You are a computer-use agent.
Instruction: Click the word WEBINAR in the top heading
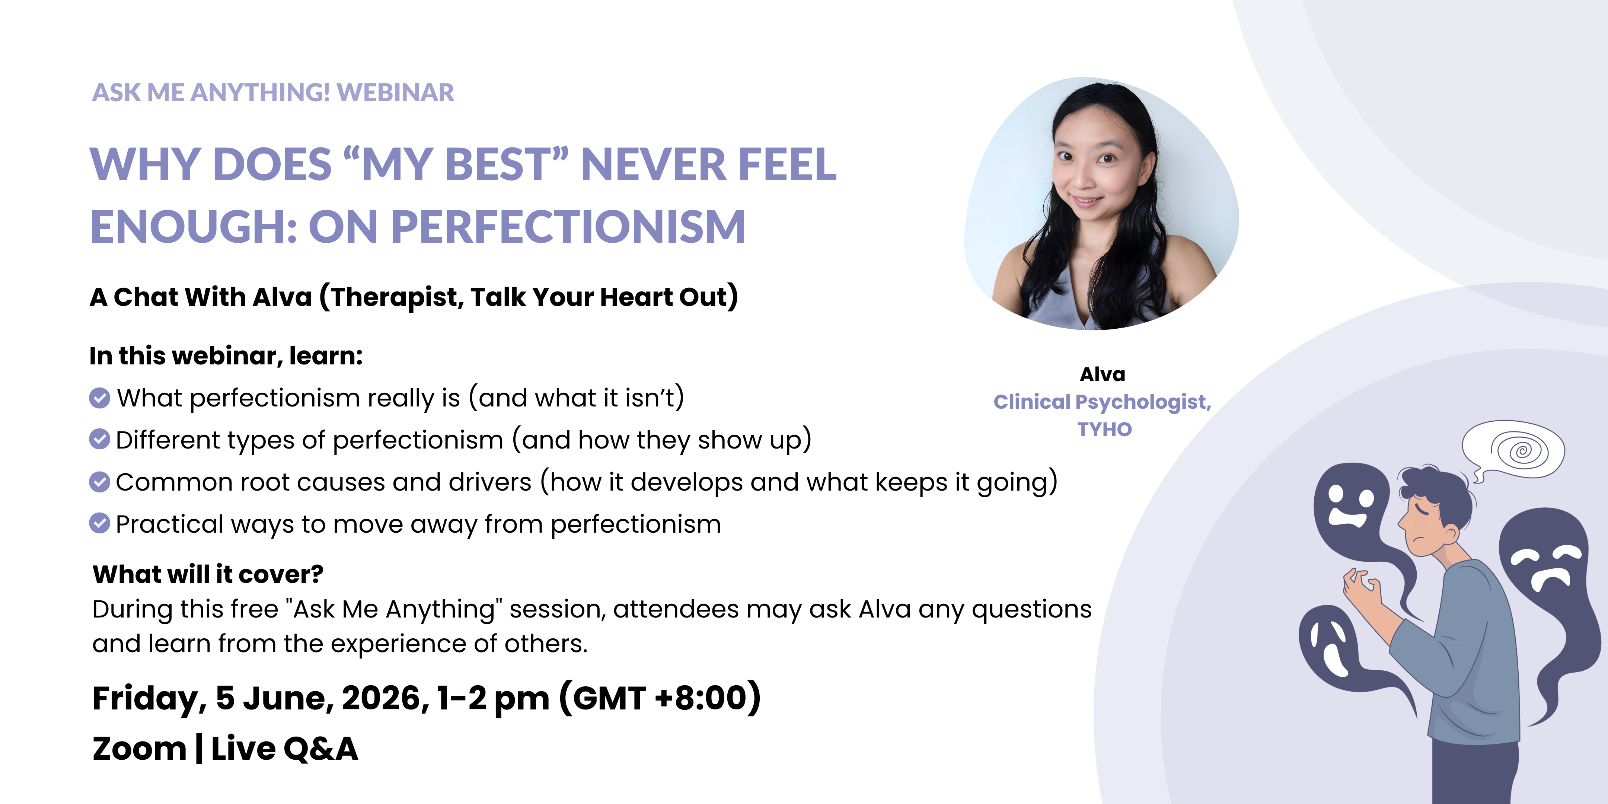(x=395, y=92)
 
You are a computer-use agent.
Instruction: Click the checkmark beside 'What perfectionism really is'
(x=99, y=398)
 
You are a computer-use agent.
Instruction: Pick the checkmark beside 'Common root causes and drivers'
(x=99, y=481)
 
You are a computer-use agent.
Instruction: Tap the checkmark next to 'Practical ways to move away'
(x=99, y=523)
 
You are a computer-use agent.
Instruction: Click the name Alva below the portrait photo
(x=1103, y=374)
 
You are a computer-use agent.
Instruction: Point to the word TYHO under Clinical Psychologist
(x=1104, y=430)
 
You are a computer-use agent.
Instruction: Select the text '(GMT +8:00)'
(x=660, y=698)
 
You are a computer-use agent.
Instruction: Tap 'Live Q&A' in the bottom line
(x=285, y=749)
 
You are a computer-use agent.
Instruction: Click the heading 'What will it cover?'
(x=208, y=574)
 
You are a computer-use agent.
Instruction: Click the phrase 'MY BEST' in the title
(x=456, y=164)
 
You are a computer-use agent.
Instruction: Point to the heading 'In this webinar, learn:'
(x=226, y=356)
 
